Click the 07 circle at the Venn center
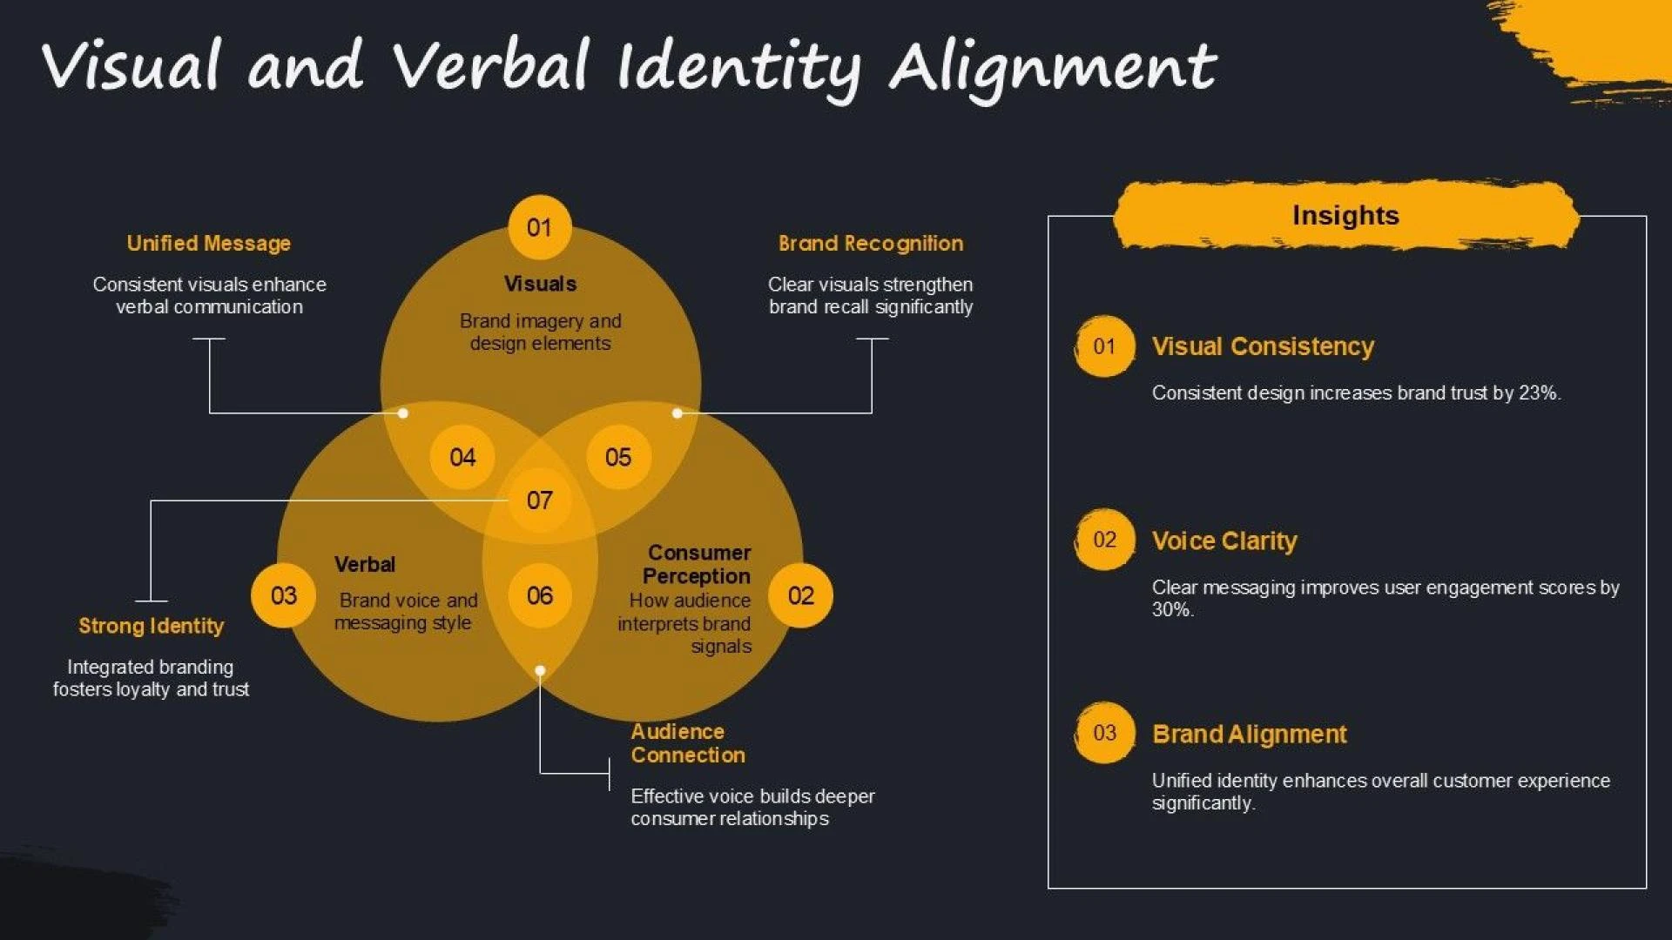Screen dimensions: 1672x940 point(540,500)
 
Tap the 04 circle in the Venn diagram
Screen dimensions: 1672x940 point(463,457)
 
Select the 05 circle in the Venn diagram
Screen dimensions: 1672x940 point(618,457)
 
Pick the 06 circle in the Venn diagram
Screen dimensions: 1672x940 point(540,595)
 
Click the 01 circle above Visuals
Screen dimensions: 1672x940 point(540,227)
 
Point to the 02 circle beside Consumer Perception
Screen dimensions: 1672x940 point(801,595)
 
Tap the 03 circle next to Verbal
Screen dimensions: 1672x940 point(284,595)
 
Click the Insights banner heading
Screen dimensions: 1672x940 point(1345,215)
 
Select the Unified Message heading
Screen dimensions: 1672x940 point(209,244)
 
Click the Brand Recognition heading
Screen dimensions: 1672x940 point(871,244)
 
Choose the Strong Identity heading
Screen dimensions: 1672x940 point(151,626)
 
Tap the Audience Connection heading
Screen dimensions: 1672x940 point(688,743)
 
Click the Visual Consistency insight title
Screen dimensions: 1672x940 point(1263,346)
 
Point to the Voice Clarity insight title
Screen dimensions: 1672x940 point(1224,540)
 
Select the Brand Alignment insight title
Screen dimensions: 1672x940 point(1250,734)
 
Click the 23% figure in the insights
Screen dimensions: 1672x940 point(1540,393)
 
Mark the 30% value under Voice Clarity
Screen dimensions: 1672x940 point(1172,610)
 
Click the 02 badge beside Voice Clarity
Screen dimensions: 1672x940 point(1104,540)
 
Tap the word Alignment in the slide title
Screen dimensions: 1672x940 point(1052,68)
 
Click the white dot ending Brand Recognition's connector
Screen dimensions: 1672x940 point(678,413)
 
